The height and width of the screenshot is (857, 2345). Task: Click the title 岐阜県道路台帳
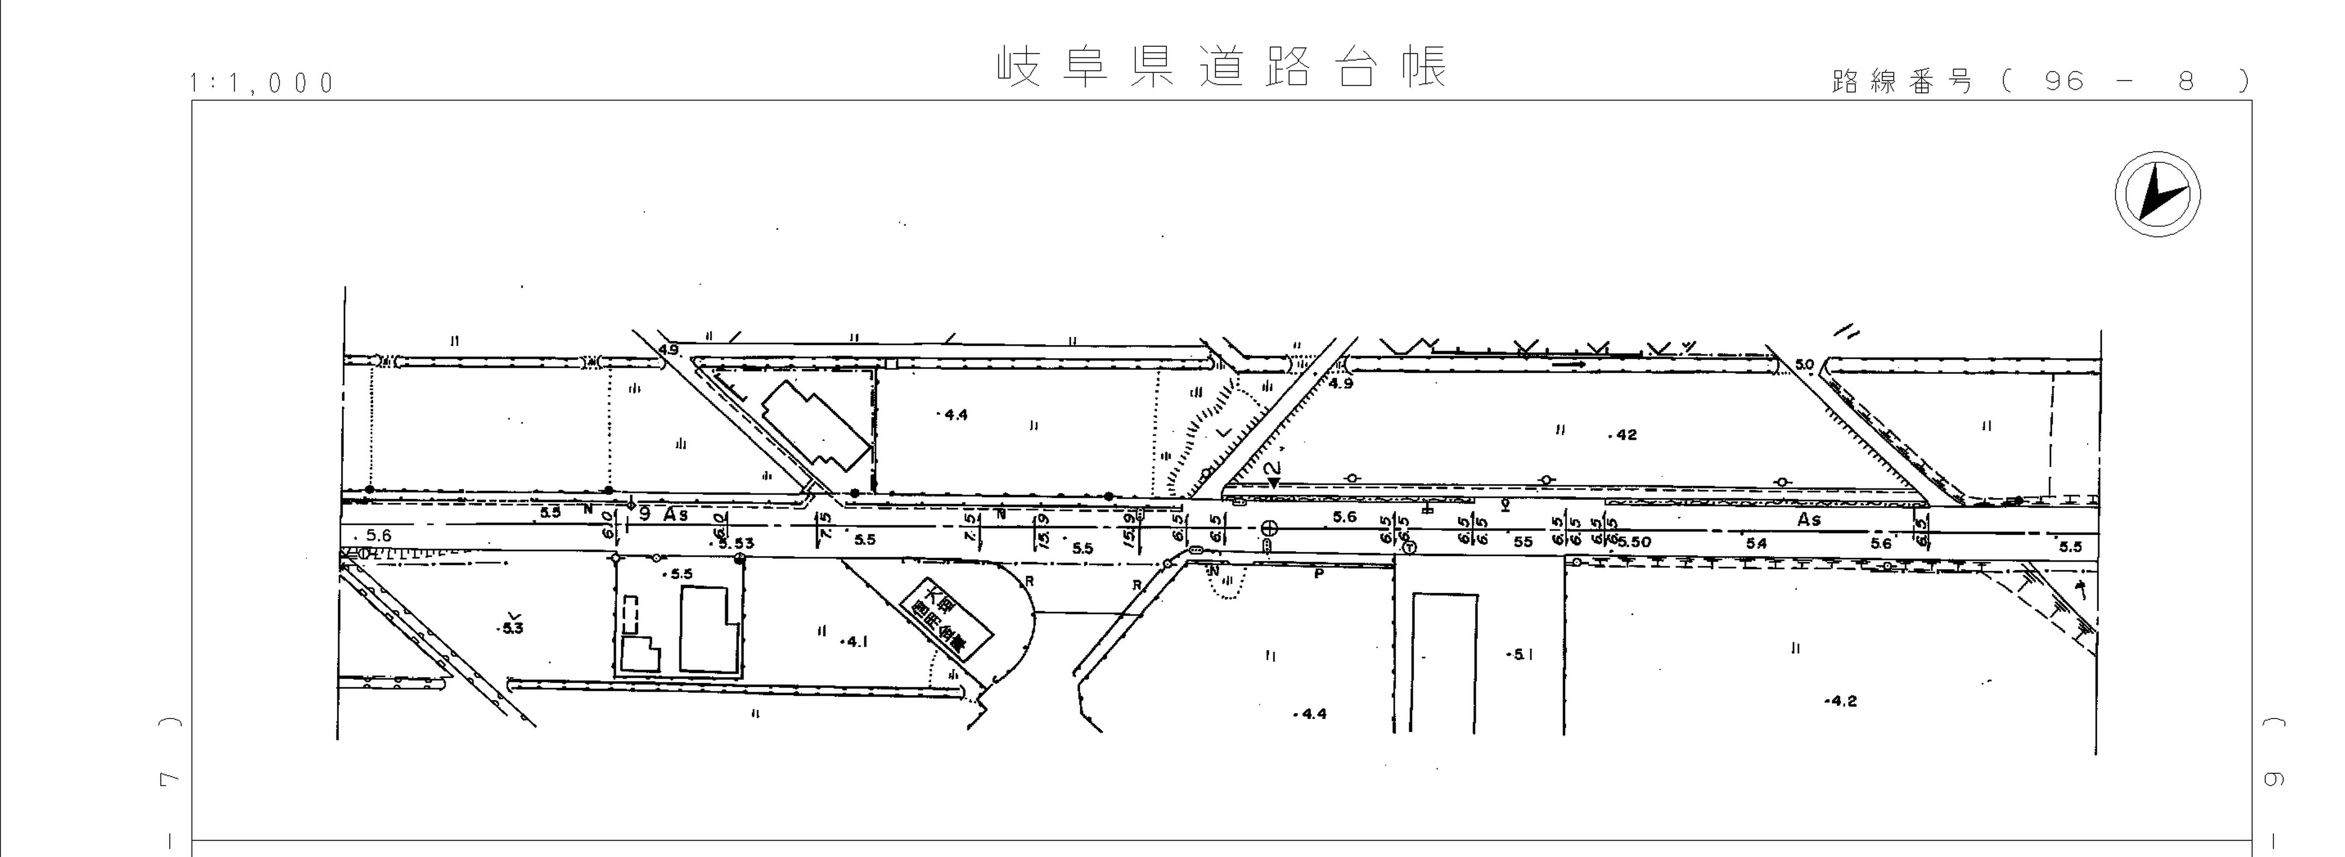point(1222,67)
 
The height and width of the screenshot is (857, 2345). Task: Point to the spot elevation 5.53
point(735,543)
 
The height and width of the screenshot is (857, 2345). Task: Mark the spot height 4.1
point(856,641)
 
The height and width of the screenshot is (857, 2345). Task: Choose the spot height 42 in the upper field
point(1625,435)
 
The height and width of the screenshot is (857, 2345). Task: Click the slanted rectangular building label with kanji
point(945,619)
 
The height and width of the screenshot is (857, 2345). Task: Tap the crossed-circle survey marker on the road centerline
point(1268,528)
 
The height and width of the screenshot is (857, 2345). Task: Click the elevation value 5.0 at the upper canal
point(1804,365)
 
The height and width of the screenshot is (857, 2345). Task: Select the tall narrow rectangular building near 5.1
point(1444,662)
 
